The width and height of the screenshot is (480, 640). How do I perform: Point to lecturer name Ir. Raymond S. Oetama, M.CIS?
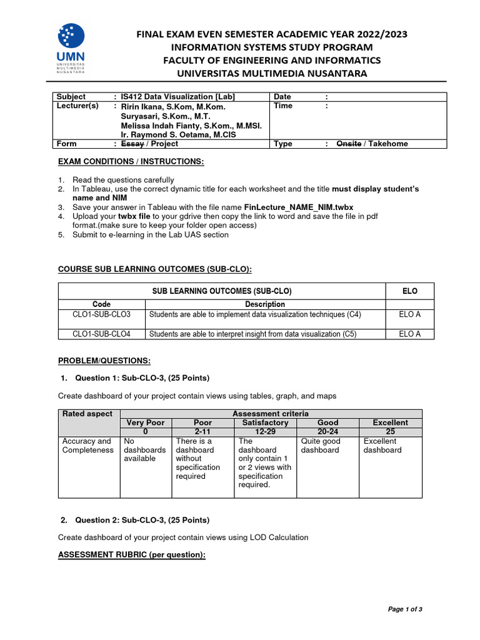(177, 134)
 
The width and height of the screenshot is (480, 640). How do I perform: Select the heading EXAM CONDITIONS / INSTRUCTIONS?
(131, 162)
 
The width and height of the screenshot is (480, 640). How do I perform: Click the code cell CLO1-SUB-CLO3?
(101, 314)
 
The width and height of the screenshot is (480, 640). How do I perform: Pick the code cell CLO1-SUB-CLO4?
(101, 334)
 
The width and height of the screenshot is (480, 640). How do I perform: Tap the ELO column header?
(410, 291)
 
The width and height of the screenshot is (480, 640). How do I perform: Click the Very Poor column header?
(146, 422)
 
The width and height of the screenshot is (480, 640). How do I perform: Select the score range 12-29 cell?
(264, 431)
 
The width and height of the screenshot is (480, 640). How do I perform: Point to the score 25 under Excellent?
(391, 431)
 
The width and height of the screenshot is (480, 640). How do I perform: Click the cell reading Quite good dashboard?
(321, 446)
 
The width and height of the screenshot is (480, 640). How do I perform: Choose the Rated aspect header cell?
(87, 414)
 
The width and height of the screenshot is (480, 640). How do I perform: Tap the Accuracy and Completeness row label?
(87, 446)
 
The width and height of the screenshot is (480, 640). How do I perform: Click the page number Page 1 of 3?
(405, 609)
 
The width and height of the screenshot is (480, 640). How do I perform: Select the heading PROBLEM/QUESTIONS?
(104, 361)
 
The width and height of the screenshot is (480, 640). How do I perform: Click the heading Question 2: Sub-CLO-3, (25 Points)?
(142, 520)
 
